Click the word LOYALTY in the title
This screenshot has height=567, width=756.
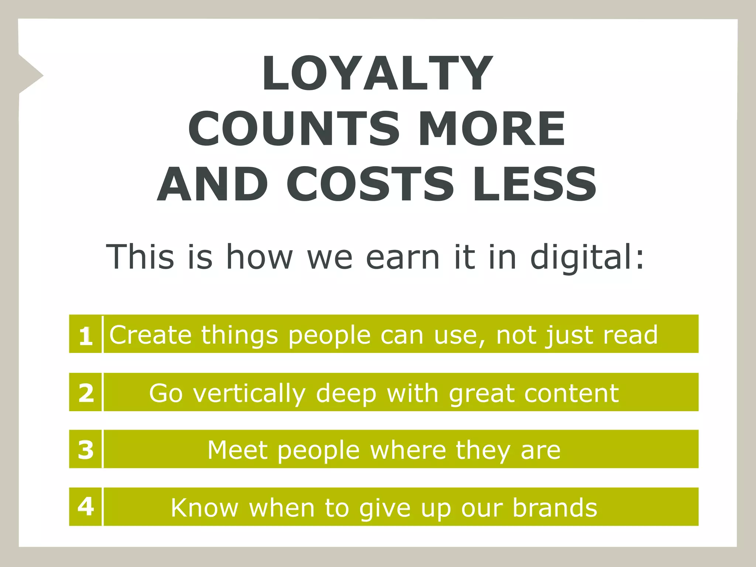click(x=377, y=73)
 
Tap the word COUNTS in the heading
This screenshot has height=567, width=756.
click(x=294, y=129)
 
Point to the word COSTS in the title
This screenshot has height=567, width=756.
click(x=370, y=184)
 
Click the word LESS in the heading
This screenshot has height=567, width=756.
click(x=535, y=184)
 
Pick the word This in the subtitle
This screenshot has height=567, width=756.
click(x=140, y=257)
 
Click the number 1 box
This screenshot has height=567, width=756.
click(x=85, y=334)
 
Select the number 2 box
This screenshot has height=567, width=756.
click(x=85, y=392)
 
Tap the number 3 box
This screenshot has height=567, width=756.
click(x=85, y=449)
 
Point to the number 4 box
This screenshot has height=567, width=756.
click(x=85, y=507)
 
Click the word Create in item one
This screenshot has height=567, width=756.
click(x=151, y=335)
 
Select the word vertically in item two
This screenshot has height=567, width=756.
click(x=250, y=394)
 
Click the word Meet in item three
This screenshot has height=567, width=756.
click(x=237, y=450)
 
